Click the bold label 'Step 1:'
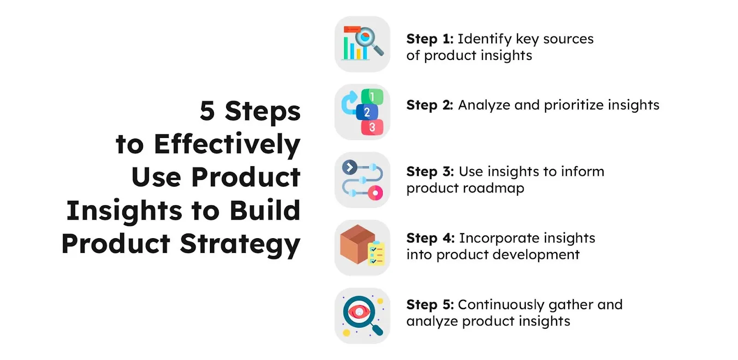[x=429, y=39]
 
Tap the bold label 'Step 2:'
[x=429, y=106]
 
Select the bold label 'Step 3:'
[x=430, y=172]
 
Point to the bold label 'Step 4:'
[x=430, y=238]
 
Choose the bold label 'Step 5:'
[x=430, y=305]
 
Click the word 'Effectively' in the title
[x=227, y=144]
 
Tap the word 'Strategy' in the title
[x=240, y=244]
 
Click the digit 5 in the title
[x=208, y=111]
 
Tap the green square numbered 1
[x=372, y=96]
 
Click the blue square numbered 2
[x=367, y=112]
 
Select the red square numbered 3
[x=372, y=127]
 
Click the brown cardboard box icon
[x=356, y=243]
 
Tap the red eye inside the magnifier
[x=358, y=312]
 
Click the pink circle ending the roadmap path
[x=375, y=193]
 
